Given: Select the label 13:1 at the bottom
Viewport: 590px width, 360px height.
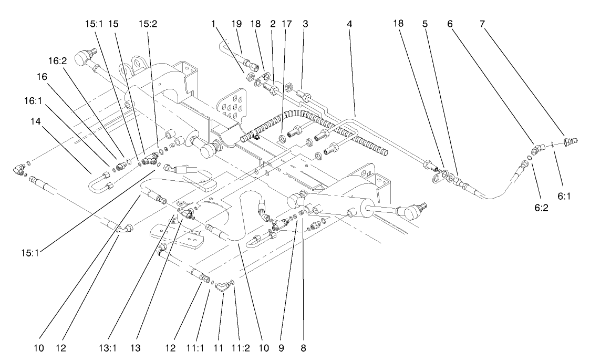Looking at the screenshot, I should point(150,348).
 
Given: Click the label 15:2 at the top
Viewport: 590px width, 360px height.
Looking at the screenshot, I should point(147,24).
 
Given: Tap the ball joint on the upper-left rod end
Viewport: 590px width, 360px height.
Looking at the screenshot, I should point(82,56).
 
